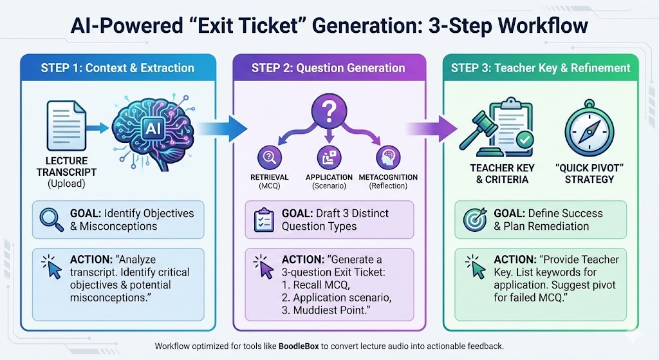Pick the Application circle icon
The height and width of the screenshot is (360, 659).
click(328, 158)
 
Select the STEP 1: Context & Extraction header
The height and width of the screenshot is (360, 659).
click(117, 68)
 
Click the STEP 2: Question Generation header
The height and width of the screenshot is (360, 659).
click(328, 68)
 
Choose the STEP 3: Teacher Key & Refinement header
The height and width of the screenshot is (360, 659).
click(541, 68)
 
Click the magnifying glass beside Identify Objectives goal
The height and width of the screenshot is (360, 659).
click(49, 219)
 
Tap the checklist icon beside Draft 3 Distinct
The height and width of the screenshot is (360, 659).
click(264, 219)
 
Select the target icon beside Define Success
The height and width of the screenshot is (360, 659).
click(475, 220)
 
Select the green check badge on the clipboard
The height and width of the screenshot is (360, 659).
click(525, 137)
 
